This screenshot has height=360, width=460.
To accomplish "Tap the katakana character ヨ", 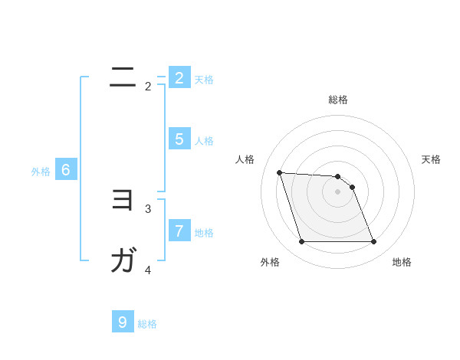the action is (x=123, y=200).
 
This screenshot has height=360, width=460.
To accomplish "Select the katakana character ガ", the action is (x=123, y=261).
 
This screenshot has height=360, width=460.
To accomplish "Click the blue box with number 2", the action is (x=179, y=78).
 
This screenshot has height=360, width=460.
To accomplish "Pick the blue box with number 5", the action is (x=179, y=139).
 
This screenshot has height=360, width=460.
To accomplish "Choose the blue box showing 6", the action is (x=66, y=170).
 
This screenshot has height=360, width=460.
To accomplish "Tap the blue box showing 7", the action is (x=179, y=231).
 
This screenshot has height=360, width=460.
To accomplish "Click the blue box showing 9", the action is (x=123, y=322).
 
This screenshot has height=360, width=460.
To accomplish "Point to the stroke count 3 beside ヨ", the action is (x=148, y=208).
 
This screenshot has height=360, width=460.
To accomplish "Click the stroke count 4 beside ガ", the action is (x=148, y=270).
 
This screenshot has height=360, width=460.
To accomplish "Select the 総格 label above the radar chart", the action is (x=337, y=100).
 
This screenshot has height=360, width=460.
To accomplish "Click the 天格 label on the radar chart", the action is (x=431, y=159).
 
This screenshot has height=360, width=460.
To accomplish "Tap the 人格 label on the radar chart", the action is (x=245, y=159).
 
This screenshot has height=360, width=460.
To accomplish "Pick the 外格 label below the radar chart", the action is (x=269, y=263).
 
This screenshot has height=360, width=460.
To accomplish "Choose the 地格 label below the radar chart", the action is (x=402, y=263).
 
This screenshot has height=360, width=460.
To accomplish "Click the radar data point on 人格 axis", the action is (x=279, y=172).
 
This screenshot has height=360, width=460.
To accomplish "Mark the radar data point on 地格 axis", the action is (x=373, y=242).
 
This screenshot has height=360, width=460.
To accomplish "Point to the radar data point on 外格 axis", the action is (x=301, y=242).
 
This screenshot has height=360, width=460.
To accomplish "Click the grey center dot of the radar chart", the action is (x=337, y=191).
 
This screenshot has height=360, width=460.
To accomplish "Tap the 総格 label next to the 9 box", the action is (x=147, y=324).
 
